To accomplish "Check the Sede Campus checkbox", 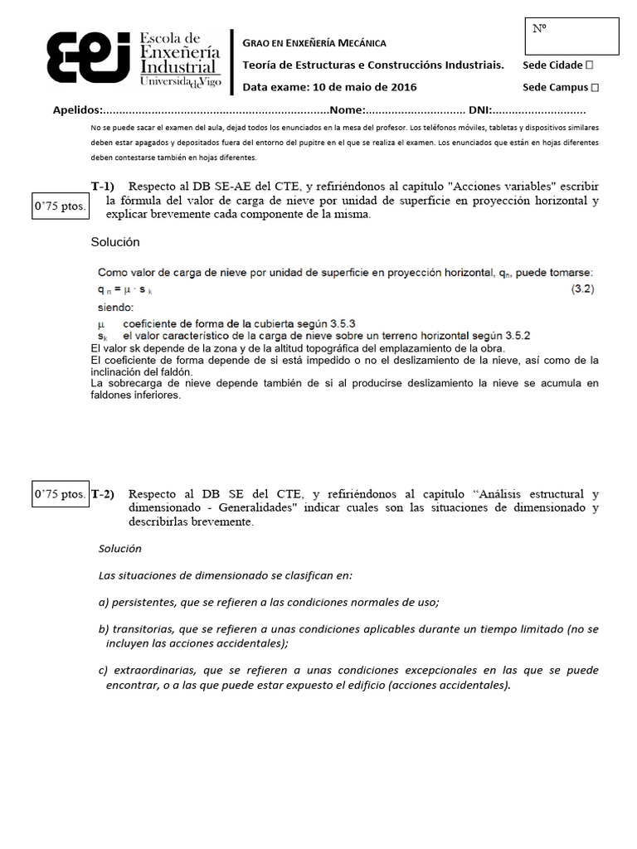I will click(595, 87).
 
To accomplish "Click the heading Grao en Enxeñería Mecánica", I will click(314, 43).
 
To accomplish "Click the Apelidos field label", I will click(77, 109).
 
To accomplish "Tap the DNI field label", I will click(480, 109).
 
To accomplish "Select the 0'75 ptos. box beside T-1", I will click(60, 206).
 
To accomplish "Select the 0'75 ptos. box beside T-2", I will click(60, 495).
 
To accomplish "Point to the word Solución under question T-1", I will click(115, 242).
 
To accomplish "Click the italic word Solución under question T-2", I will click(119, 549).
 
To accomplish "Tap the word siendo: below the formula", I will click(115, 306).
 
